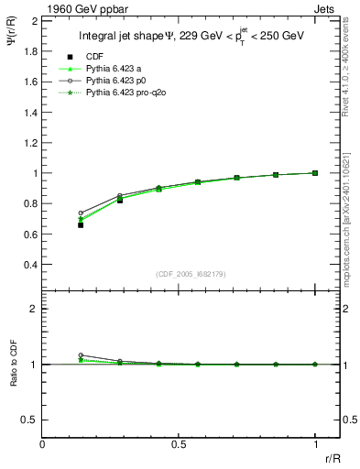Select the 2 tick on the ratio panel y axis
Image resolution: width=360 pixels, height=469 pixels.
34,309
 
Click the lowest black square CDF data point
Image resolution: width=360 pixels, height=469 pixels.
81,224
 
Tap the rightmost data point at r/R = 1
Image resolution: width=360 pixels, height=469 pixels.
315,173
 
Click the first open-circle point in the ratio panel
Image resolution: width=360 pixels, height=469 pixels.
81,355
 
